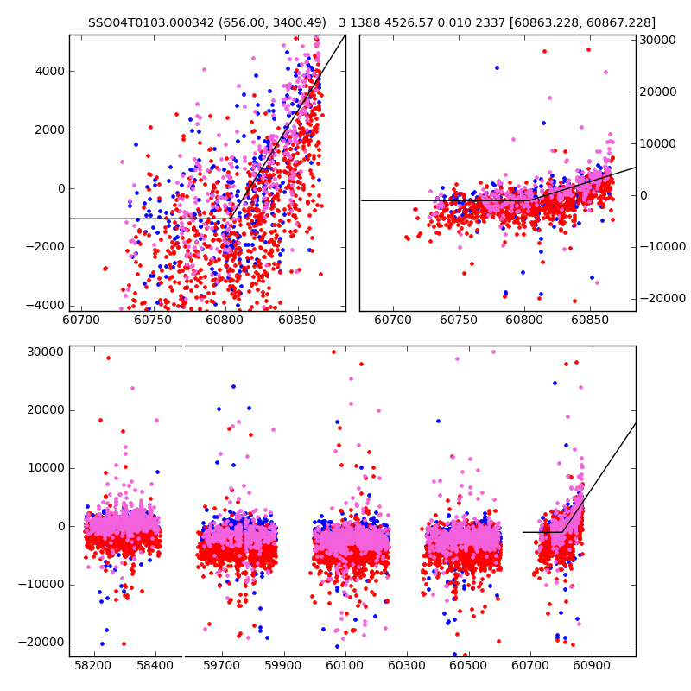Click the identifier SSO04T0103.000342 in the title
tap(142, 22)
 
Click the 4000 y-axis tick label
tap(48, 71)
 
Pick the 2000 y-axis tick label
tap(48, 130)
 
